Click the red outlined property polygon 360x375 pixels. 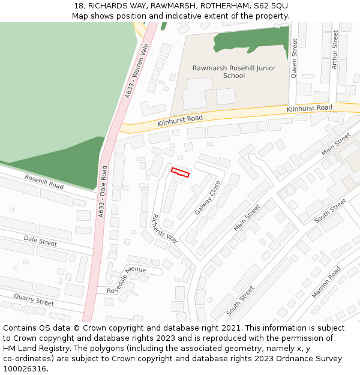pos(180,173)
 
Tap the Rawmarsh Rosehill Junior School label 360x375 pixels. pos(234,72)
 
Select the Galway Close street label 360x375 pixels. pos(208,198)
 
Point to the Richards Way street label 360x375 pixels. pos(164,228)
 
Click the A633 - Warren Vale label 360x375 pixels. pos(136,74)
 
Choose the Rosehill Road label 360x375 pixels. pos(44,182)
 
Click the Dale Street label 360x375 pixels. pos(40,241)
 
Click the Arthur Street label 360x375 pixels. pos(335,50)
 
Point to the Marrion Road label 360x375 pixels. pos(326,283)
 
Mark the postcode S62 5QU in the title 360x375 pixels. pos(271,5)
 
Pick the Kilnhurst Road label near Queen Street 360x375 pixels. pos(309,109)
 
